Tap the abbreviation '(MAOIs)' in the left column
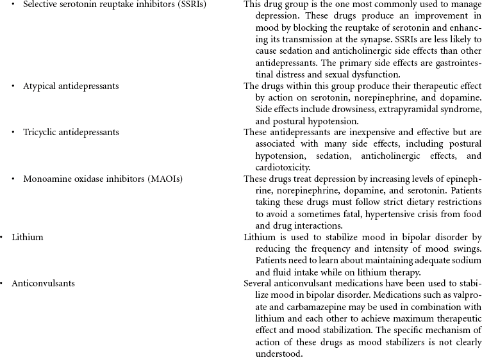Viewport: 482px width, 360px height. point(166,178)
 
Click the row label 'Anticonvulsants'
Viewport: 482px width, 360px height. point(43,283)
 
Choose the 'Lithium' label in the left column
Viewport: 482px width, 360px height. point(28,237)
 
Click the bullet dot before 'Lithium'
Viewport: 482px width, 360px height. point(2,237)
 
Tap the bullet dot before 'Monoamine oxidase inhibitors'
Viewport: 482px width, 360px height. point(13,178)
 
